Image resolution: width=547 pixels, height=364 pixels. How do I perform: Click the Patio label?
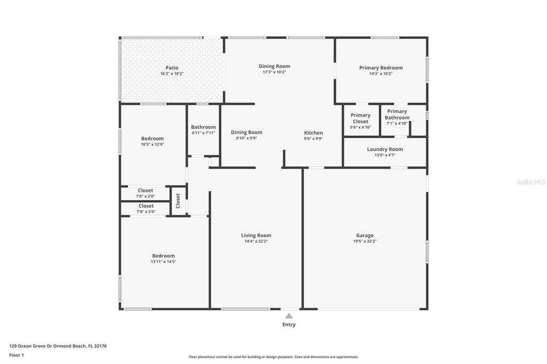(171, 68)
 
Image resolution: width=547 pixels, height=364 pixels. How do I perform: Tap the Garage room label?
(364, 235)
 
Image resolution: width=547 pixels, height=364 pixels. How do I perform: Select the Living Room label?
(256, 235)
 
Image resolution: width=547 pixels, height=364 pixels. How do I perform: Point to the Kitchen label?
(313, 132)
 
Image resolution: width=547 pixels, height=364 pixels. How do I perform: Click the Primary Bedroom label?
(381, 68)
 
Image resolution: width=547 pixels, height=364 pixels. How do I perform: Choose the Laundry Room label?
(385, 149)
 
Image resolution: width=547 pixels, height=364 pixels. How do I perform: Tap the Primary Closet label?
(361, 118)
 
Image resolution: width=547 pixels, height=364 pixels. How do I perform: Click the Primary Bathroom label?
(397, 114)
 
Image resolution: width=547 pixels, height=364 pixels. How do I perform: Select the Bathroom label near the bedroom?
(203, 127)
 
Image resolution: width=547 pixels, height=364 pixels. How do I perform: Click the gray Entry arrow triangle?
(289, 316)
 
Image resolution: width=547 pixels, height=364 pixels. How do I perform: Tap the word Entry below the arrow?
(289, 325)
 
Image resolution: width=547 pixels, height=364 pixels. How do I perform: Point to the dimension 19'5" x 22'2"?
(364, 241)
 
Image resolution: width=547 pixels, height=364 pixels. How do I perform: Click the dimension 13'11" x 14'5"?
(163, 262)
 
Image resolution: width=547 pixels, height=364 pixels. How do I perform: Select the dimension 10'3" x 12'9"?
(152, 144)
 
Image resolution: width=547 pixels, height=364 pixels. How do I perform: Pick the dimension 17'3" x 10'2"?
(274, 72)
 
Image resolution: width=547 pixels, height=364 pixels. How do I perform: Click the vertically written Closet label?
(178, 201)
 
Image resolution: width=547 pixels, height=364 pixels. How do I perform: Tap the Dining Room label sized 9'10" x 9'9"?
(247, 132)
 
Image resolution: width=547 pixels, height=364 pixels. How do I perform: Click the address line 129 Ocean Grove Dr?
(58, 346)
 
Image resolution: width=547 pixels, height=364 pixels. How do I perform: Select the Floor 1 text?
(17, 355)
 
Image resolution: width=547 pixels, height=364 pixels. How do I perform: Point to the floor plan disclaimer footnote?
(273, 357)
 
